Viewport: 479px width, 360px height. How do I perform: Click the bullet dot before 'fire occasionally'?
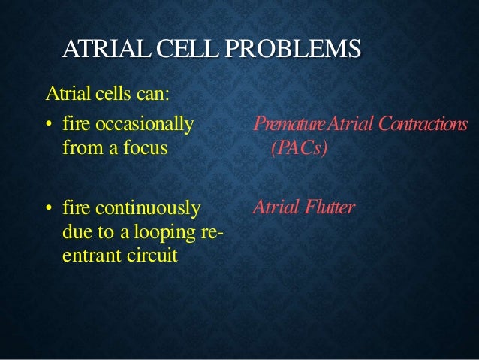(x=48, y=123)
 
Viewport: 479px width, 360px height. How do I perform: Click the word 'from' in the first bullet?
(x=75, y=147)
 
